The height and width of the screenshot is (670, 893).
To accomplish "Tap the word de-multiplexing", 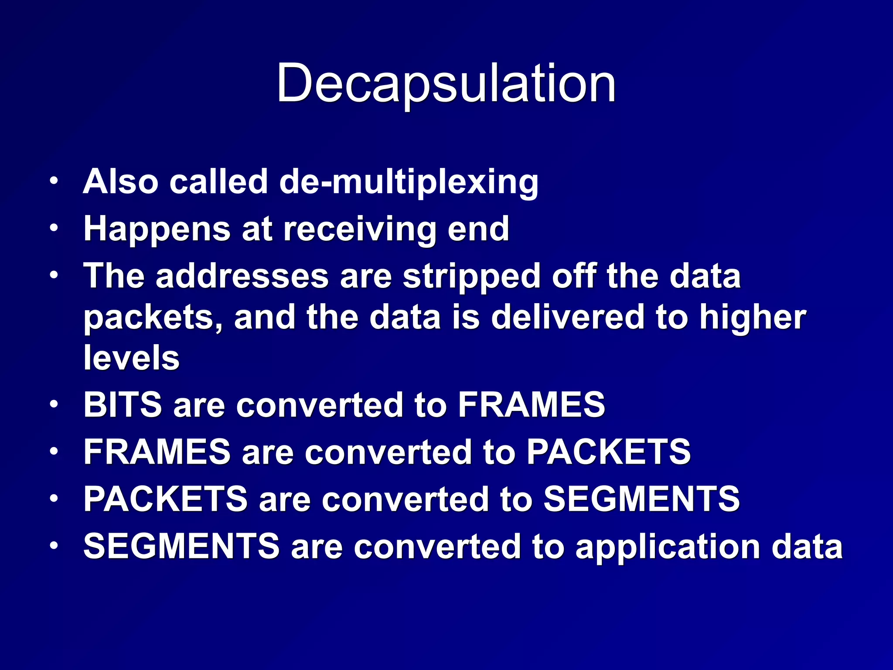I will (x=409, y=181).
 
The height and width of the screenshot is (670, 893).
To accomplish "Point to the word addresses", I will (x=242, y=276).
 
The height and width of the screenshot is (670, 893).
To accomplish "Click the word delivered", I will (x=568, y=317).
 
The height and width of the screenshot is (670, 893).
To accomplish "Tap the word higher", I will (x=753, y=318).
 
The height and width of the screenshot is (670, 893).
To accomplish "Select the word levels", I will (x=131, y=358).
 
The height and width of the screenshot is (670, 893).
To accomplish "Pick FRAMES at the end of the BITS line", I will (x=532, y=405).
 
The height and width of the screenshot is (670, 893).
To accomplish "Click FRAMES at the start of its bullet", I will (x=157, y=452).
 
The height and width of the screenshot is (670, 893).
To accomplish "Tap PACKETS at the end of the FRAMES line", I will (x=609, y=452).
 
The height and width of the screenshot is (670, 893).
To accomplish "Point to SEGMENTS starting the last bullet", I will (x=181, y=546).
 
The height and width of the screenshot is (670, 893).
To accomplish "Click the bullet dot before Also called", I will (x=53, y=181).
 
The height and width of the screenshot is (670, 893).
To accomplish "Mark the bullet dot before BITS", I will (x=53, y=404).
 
